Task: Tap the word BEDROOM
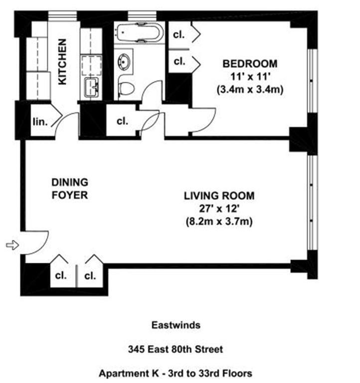249,64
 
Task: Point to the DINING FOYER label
70,189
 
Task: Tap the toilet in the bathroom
127,89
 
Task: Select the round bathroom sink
123,63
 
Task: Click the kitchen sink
91,87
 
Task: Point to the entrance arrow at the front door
11,245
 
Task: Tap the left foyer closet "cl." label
60,275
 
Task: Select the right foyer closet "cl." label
90,275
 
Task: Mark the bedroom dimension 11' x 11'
249,77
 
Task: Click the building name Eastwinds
176,325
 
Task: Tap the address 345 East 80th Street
176,349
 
